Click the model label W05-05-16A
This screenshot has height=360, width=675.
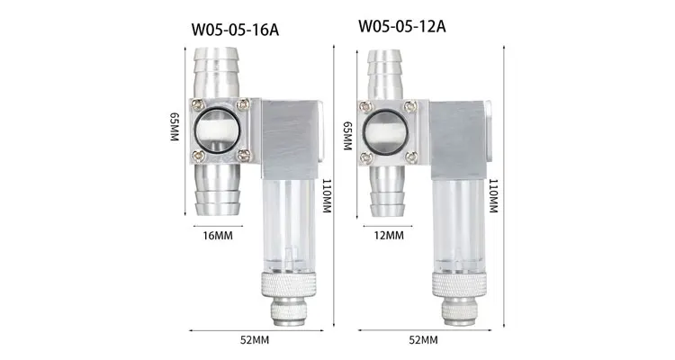click(236, 29)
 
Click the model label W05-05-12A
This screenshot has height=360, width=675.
click(402, 25)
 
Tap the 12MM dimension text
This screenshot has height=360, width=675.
click(388, 235)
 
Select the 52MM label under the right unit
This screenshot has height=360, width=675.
click(423, 340)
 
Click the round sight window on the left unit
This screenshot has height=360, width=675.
click(218, 131)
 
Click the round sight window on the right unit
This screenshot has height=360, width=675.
click(388, 131)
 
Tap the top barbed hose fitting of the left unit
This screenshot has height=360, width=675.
click(218, 72)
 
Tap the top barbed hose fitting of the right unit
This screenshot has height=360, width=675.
click(388, 72)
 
